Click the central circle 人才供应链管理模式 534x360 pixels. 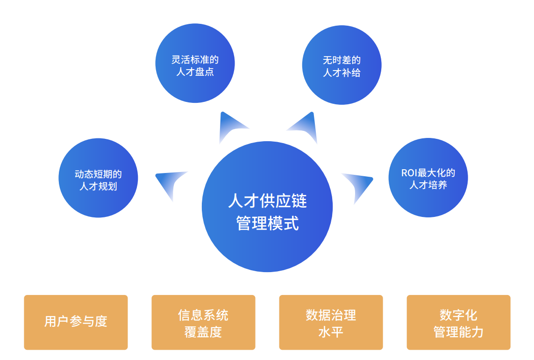point(267,207)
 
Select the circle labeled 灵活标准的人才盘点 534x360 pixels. point(195,63)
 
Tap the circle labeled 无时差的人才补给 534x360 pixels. point(342,65)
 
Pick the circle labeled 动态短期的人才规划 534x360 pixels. point(98,178)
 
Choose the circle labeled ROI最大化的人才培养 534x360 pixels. point(428,177)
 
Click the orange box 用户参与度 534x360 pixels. point(76,322)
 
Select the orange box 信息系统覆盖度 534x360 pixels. point(203,322)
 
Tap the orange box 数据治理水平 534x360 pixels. point(331,322)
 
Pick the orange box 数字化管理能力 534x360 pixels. point(459,322)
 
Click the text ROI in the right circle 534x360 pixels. point(409,173)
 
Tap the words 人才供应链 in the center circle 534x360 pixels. point(267,201)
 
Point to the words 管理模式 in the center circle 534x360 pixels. point(267,223)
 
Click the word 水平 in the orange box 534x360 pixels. point(331,331)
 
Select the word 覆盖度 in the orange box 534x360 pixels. point(203,331)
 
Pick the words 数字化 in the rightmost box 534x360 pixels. point(458,315)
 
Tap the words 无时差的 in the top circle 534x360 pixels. point(342,60)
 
